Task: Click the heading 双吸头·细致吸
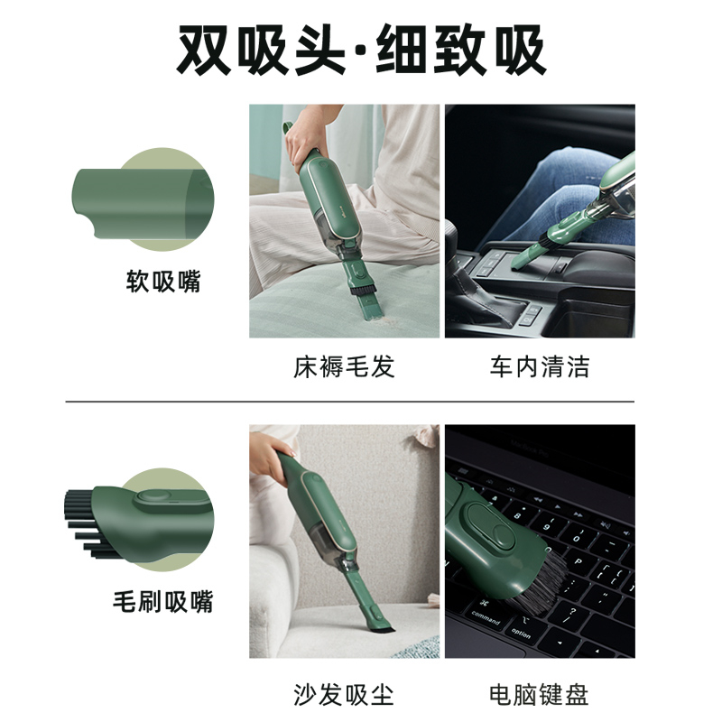[362, 50]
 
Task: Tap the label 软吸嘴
[163, 281]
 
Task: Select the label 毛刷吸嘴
[163, 601]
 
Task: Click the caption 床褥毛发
[344, 367]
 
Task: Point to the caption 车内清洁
[540, 367]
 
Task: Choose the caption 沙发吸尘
[344, 694]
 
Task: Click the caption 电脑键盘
[539, 694]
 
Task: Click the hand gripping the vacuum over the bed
[306, 136]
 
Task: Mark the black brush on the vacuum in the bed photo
[363, 289]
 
